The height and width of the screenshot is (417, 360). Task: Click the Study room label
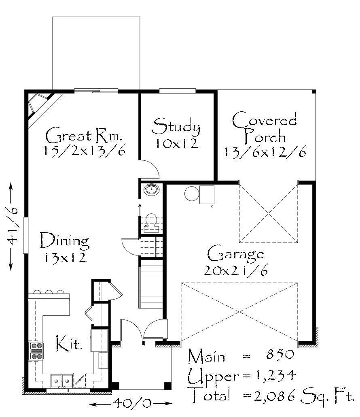tap(176, 126)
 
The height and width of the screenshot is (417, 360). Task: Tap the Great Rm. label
tap(84, 135)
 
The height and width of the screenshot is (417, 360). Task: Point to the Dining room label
tap(65, 240)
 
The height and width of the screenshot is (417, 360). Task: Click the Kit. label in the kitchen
tap(69, 343)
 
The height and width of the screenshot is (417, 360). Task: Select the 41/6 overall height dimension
tap(12, 226)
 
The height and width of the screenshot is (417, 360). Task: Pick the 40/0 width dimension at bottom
tap(131, 403)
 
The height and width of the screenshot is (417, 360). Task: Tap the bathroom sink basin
tap(152, 189)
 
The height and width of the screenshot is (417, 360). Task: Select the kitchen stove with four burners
tap(36, 351)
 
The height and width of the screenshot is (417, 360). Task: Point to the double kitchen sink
tap(61, 381)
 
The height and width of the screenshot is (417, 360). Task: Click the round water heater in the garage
tap(192, 194)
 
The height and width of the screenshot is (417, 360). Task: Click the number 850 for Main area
tap(280, 354)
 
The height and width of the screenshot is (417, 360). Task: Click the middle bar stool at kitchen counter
tap(49, 292)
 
